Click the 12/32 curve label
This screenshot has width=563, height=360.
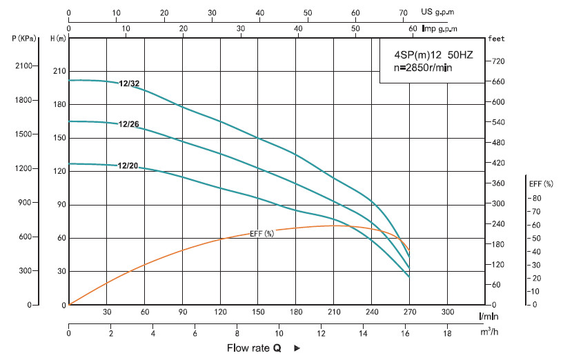click(x=129, y=84)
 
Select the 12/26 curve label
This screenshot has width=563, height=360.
click(x=129, y=125)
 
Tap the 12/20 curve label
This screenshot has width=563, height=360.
click(x=129, y=166)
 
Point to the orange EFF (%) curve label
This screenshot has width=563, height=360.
click(x=261, y=234)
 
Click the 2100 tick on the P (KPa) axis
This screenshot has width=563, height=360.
click(x=23, y=66)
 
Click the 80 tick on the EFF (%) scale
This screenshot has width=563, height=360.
click(x=537, y=198)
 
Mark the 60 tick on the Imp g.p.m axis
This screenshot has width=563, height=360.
click(x=413, y=28)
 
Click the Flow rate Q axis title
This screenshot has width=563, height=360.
click(x=254, y=348)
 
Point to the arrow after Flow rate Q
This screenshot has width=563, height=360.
click(x=297, y=348)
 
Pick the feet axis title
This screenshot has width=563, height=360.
click(x=496, y=39)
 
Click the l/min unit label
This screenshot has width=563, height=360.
click(x=489, y=315)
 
